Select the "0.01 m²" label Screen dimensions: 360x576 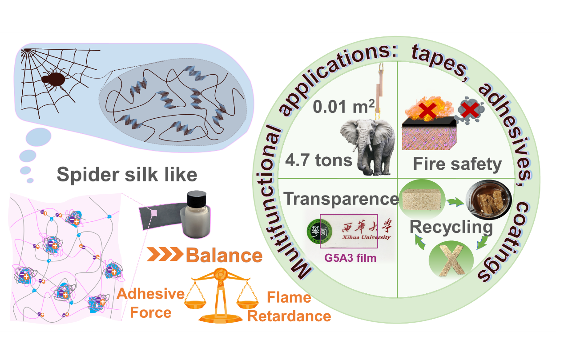tap(342, 107)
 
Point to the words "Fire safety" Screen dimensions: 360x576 tap(457, 164)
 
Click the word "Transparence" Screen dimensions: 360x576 tap(341, 199)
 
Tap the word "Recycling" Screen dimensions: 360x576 tap(451, 227)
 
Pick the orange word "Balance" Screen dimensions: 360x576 tap(224, 255)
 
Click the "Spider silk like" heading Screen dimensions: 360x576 tap(127, 175)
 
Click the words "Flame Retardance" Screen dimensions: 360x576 tap(289, 307)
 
